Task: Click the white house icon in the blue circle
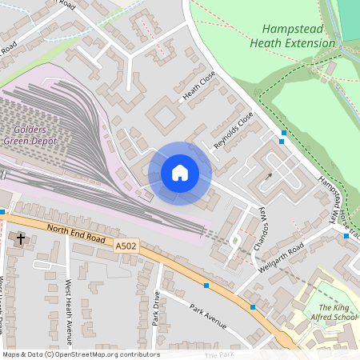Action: click(x=180, y=173)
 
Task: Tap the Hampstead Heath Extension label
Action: click(x=299, y=35)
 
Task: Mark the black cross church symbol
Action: click(x=21, y=238)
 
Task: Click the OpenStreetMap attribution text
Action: click(x=80, y=354)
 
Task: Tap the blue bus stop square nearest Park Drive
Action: click(x=207, y=286)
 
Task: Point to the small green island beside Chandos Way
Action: click(x=234, y=241)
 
